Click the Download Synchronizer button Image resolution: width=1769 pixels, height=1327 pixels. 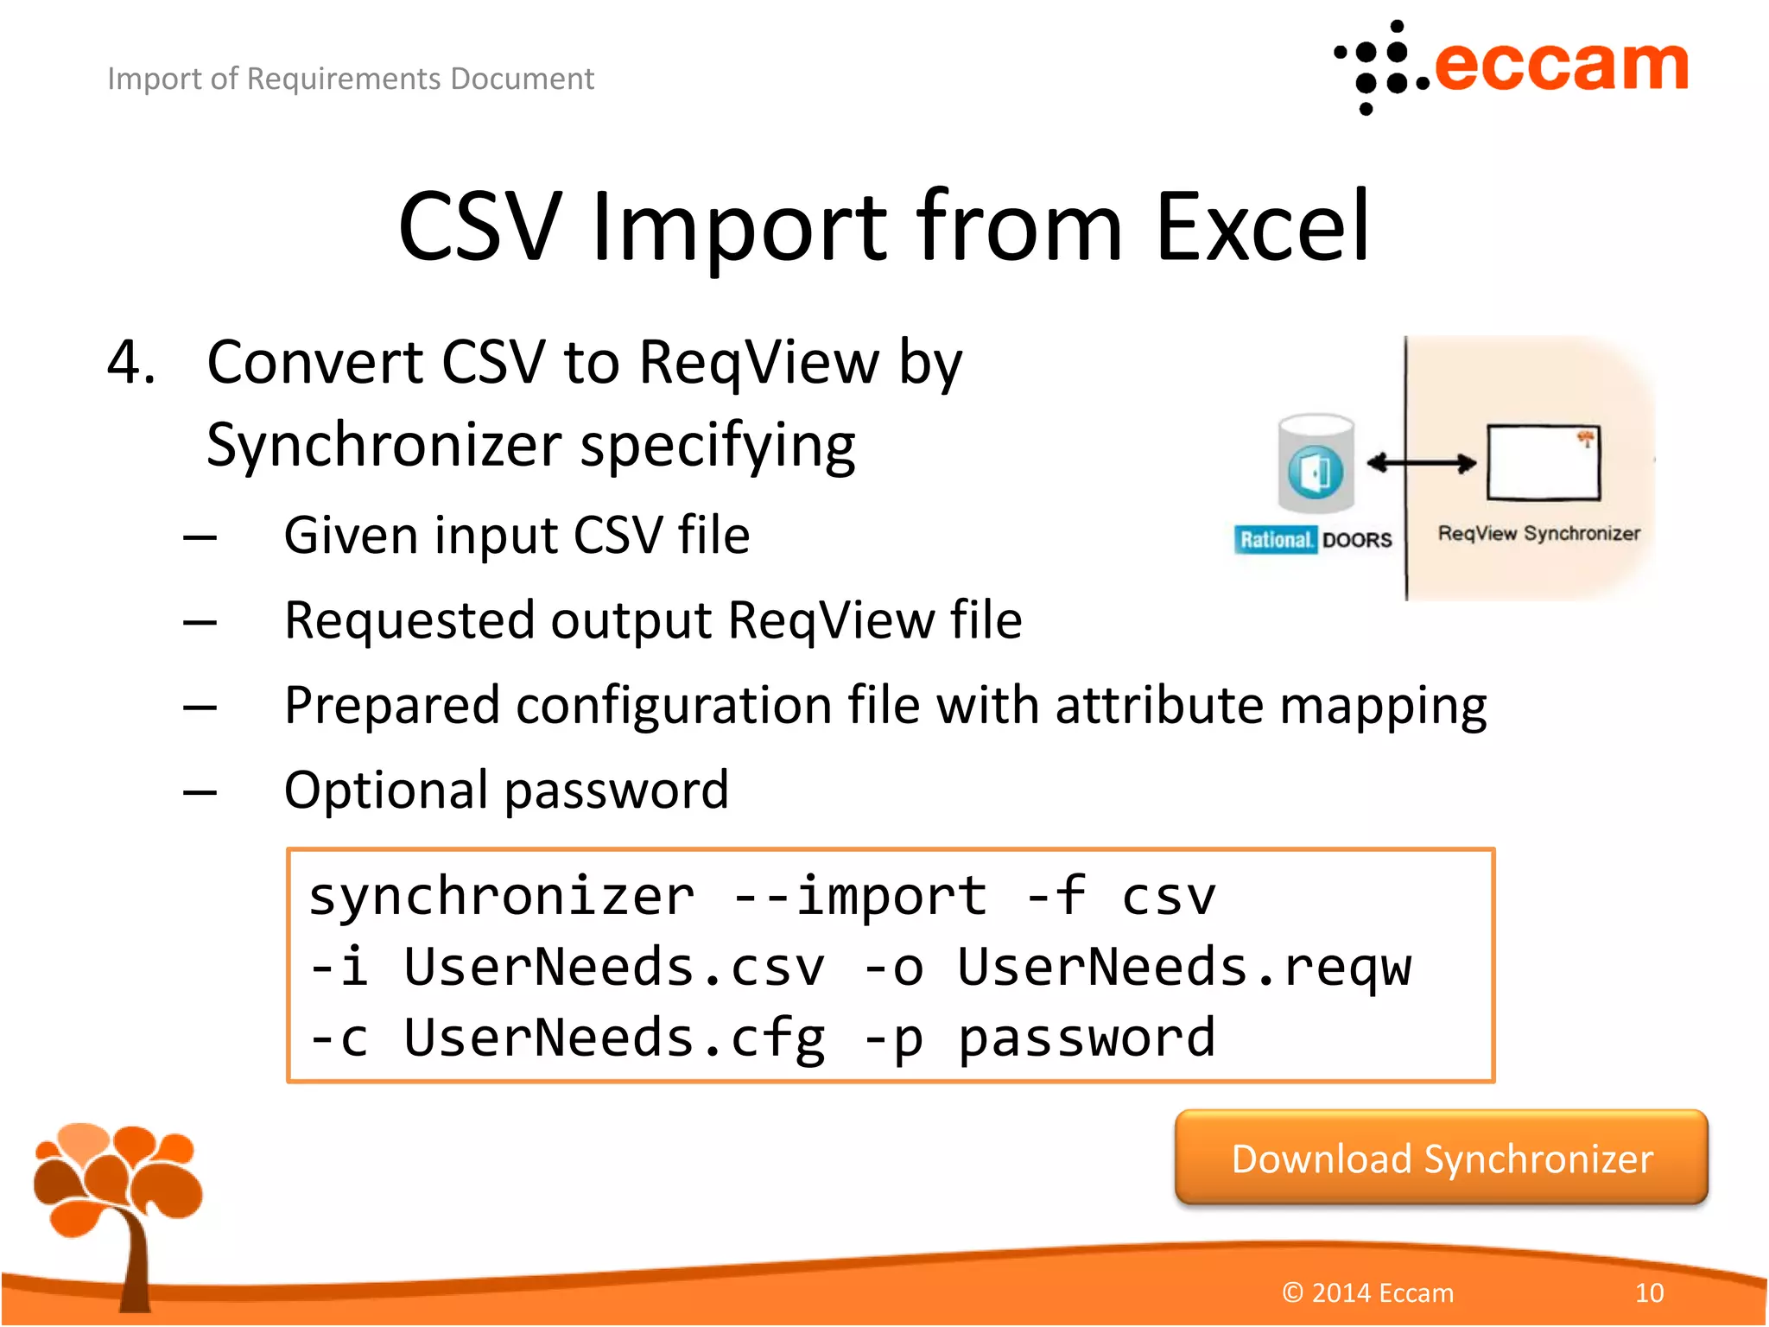pyautogui.click(x=1441, y=1158)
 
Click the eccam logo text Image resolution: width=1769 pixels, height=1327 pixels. pyautogui.click(x=1560, y=66)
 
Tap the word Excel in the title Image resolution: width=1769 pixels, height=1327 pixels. pyautogui.click(x=1263, y=226)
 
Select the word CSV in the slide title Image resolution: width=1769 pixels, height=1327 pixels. pyautogui.click(x=480, y=226)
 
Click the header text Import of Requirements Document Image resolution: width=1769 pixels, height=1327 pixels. pyautogui.click(x=351, y=79)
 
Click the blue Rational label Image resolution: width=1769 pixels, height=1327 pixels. pyautogui.click(x=1275, y=539)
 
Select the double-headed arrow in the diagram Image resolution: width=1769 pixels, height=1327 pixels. pyautogui.click(x=1422, y=463)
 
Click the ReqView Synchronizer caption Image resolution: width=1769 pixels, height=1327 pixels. pyautogui.click(x=1538, y=533)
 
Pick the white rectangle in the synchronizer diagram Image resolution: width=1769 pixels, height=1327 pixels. pyautogui.click(x=1543, y=462)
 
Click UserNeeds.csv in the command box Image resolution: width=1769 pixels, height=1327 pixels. pyautogui.click(x=613, y=966)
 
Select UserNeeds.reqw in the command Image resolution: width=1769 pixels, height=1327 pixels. pyautogui.click(x=1183, y=966)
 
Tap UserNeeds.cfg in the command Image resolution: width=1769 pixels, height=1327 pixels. pyautogui.click(x=613, y=1037)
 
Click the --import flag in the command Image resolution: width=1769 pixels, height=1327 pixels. pyautogui.click(x=859, y=895)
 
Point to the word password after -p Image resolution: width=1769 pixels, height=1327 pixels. pyautogui.click(x=1087, y=1037)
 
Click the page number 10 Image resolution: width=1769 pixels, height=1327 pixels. pyautogui.click(x=1649, y=1292)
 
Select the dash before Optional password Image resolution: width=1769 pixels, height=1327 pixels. pyautogui.click(x=200, y=790)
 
